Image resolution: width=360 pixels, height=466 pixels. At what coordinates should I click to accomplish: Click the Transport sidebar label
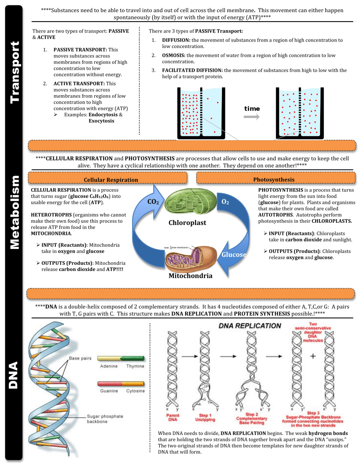[14, 72]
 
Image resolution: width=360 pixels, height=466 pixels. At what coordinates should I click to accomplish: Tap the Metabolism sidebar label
[14, 212]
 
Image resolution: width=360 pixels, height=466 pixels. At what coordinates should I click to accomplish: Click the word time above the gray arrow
[252, 109]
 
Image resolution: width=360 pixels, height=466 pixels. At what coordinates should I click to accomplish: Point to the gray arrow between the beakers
[252, 117]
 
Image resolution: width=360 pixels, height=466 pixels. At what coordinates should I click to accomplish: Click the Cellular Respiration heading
[111, 179]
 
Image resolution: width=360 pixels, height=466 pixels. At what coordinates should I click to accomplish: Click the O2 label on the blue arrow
[225, 202]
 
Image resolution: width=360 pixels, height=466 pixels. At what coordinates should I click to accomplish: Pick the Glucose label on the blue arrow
[234, 255]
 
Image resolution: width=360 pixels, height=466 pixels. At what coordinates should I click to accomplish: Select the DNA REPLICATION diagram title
[250, 326]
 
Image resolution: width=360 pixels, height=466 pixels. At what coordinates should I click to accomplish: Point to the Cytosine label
[135, 391]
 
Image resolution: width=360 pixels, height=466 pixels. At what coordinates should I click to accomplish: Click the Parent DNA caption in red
[173, 418]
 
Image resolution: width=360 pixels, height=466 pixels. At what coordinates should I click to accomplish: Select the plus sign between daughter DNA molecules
[313, 356]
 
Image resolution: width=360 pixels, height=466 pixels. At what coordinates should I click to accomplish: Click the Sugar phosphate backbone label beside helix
[105, 419]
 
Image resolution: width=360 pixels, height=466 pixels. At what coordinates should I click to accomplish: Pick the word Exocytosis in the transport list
[101, 121]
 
